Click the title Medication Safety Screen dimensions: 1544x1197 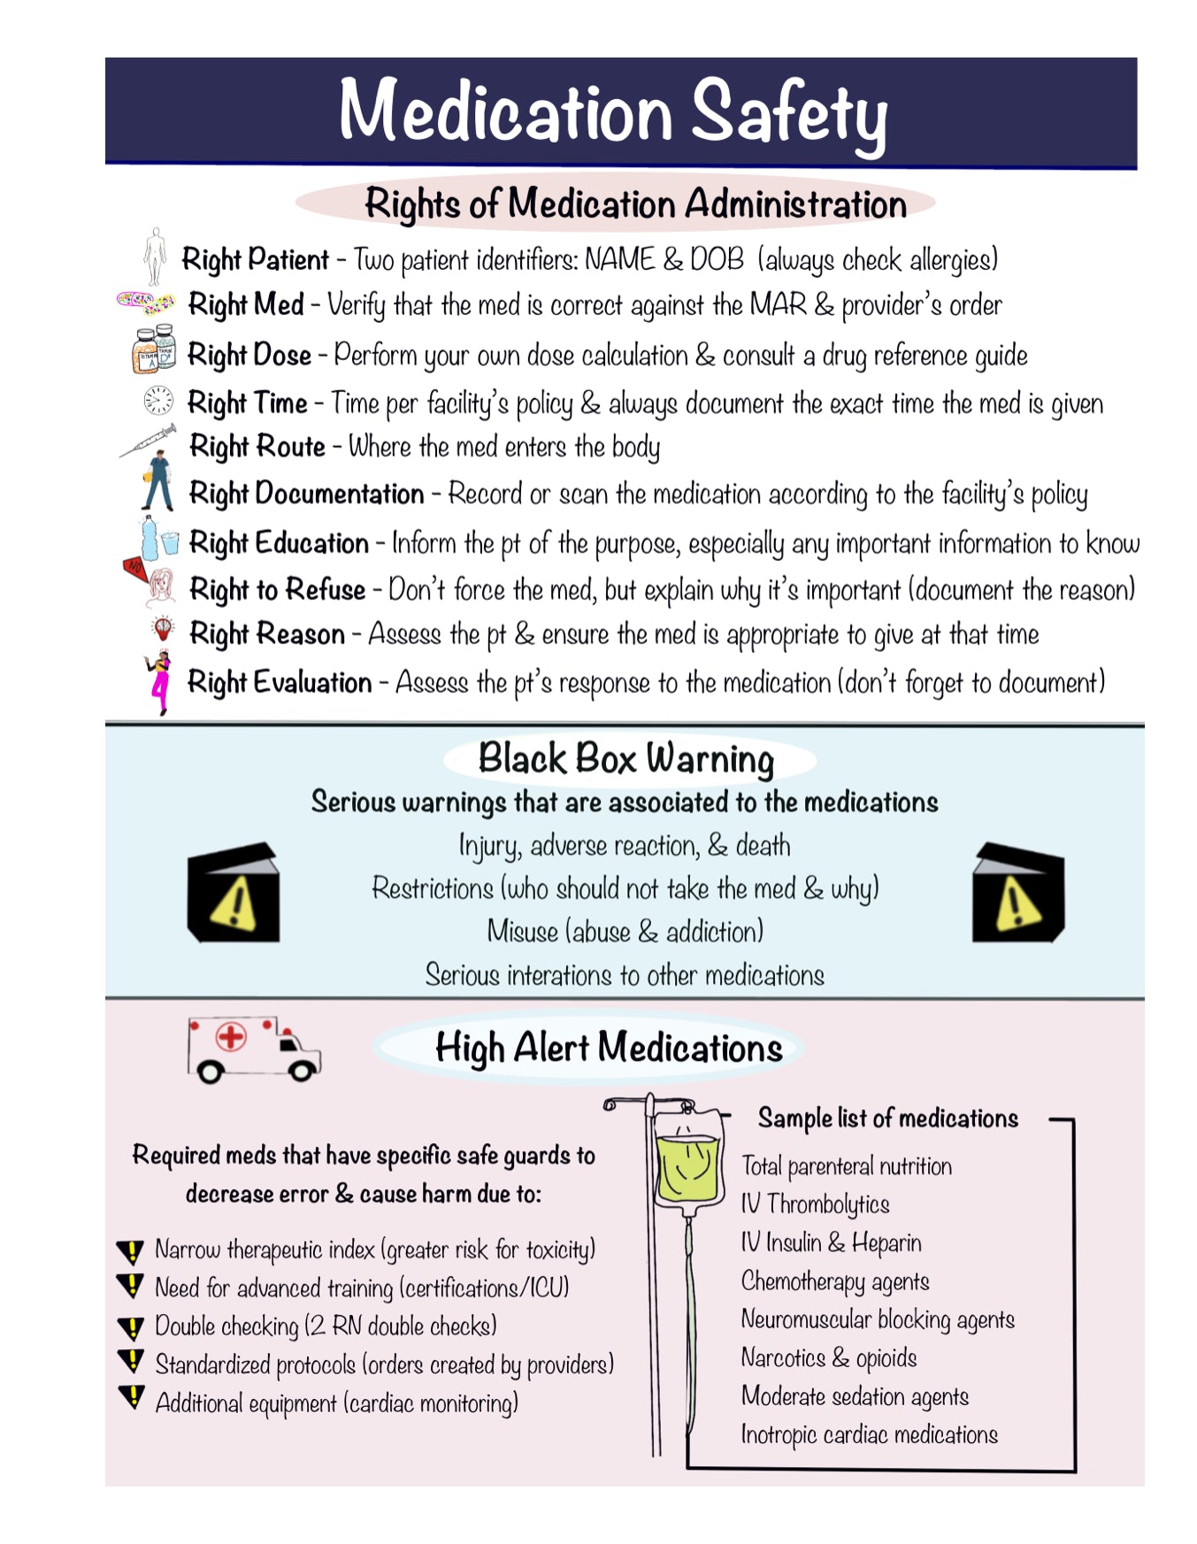click(x=613, y=112)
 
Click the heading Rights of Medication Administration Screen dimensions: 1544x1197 click(x=635, y=204)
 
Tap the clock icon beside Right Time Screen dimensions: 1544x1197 click(x=158, y=401)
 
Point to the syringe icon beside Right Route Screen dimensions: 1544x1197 click(x=148, y=441)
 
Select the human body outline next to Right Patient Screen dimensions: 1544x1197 click(x=156, y=256)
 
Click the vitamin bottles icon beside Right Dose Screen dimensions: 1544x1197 click(x=153, y=350)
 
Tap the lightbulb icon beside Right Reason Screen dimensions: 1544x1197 click(x=163, y=629)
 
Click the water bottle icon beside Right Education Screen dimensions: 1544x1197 click(x=151, y=538)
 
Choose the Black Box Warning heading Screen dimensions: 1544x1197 click(x=625, y=759)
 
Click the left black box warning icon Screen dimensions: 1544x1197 click(x=234, y=893)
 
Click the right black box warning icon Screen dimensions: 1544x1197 click(x=1017, y=894)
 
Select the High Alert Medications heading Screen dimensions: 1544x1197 click(x=609, y=1049)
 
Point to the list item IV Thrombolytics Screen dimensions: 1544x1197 click(x=815, y=1204)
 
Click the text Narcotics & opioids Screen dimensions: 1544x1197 click(x=828, y=1357)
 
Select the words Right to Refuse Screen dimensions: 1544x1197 click(x=277, y=589)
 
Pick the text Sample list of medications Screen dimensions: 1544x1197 click(x=887, y=1118)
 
